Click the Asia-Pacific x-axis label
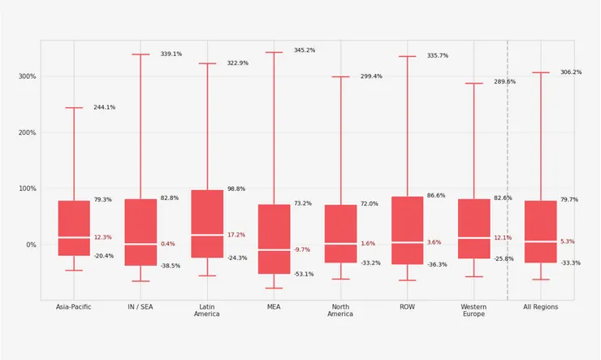click(x=73, y=307)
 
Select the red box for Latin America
click(x=207, y=223)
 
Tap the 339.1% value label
click(x=171, y=54)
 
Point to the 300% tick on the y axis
click(x=27, y=76)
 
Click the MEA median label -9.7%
click(x=301, y=249)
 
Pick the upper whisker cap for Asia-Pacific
click(x=74, y=108)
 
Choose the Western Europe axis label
click(x=473, y=310)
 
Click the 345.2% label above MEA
click(x=304, y=50)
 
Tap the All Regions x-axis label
click(x=541, y=307)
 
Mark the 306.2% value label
click(x=570, y=72)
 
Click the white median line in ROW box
click(x=407, y=242)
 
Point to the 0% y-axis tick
click(x=31, y=245)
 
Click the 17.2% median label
click(x=236, y=235)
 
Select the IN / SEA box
click(x=141, y=232)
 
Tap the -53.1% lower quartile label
click(x=304, y=274)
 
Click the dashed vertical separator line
click(x=508, y=163)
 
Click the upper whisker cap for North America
click(x=340, y=77)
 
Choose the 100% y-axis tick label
click(x=27, y=189)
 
